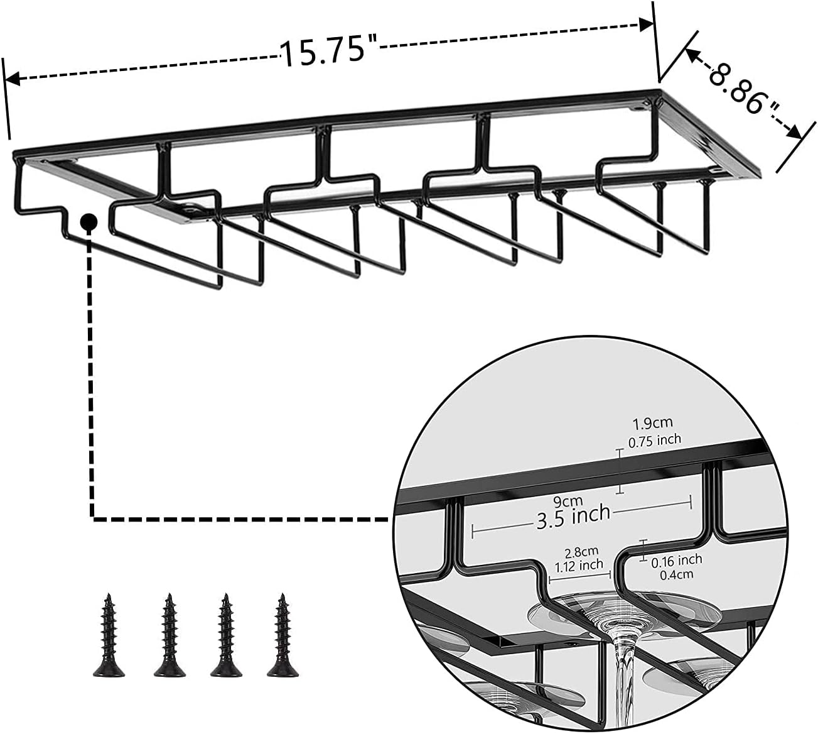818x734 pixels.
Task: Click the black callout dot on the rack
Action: coord(89,221)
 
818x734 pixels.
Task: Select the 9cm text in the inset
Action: coord(568,501)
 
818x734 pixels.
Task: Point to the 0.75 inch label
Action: coord(655,440)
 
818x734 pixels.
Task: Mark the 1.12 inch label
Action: coord(579,566)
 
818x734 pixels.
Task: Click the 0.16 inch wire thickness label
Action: coord(677,559)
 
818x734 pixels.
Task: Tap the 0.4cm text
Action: coord(676,574)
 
